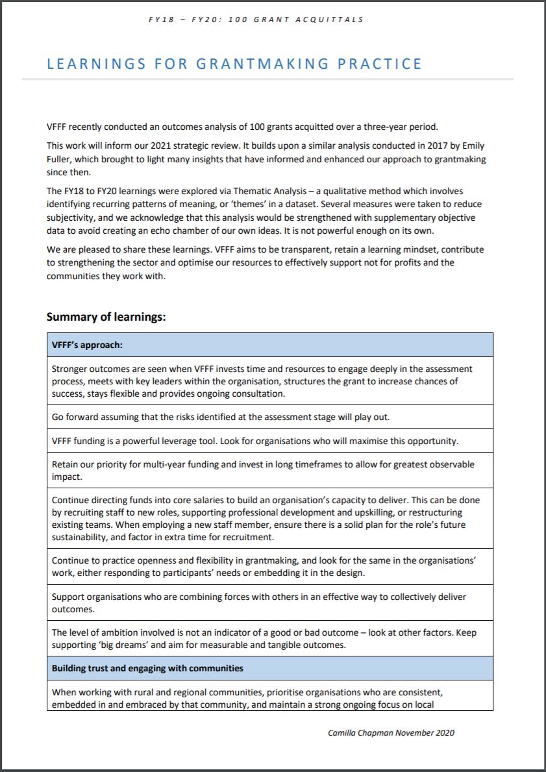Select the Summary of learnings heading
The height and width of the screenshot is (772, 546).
[x=106, y=317]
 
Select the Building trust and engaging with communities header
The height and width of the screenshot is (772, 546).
[x=147, y=668]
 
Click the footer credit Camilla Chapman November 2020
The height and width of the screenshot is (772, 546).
[x=391, y=733]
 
